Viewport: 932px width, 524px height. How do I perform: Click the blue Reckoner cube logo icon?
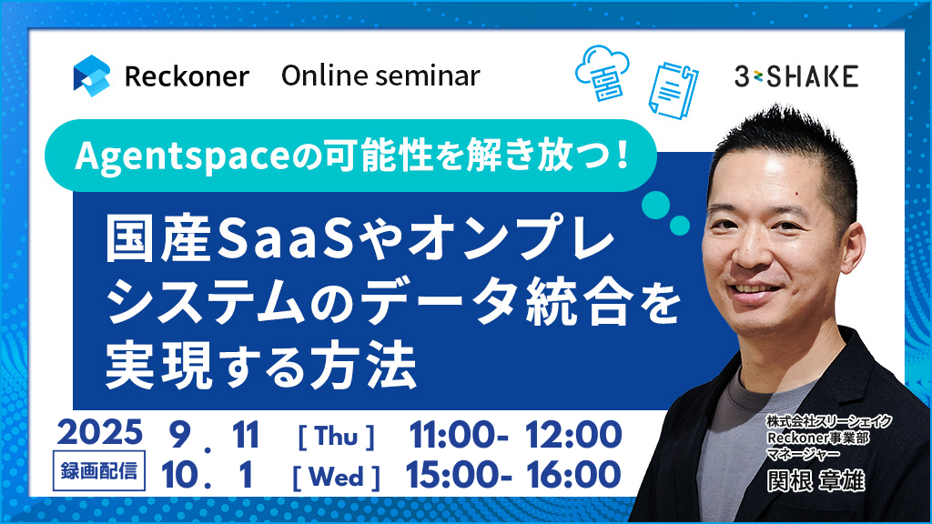[x=92, y=76]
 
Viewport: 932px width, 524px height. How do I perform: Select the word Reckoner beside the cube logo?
[x=187, y=76]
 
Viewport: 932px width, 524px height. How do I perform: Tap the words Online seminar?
[x=380, y=76]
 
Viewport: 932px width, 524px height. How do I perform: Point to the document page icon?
[x=674, y=90]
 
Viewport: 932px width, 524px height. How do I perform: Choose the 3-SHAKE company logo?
[x=795, y=76]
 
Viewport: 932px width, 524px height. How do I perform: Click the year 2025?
[x=100, y=432]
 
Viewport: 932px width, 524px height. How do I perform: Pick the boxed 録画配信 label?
[x=98, y=471]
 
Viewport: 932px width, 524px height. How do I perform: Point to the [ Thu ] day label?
[x=337, y=437]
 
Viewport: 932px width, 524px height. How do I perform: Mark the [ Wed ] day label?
[x=337, y=477]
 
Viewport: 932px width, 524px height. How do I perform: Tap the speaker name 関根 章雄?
[x=815, y=480]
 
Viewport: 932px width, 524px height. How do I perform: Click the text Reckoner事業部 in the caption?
[x=818, y=438]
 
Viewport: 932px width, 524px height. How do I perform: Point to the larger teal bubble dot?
[x=655, y=205]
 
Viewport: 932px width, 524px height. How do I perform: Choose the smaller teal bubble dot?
[x=680, y=226]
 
